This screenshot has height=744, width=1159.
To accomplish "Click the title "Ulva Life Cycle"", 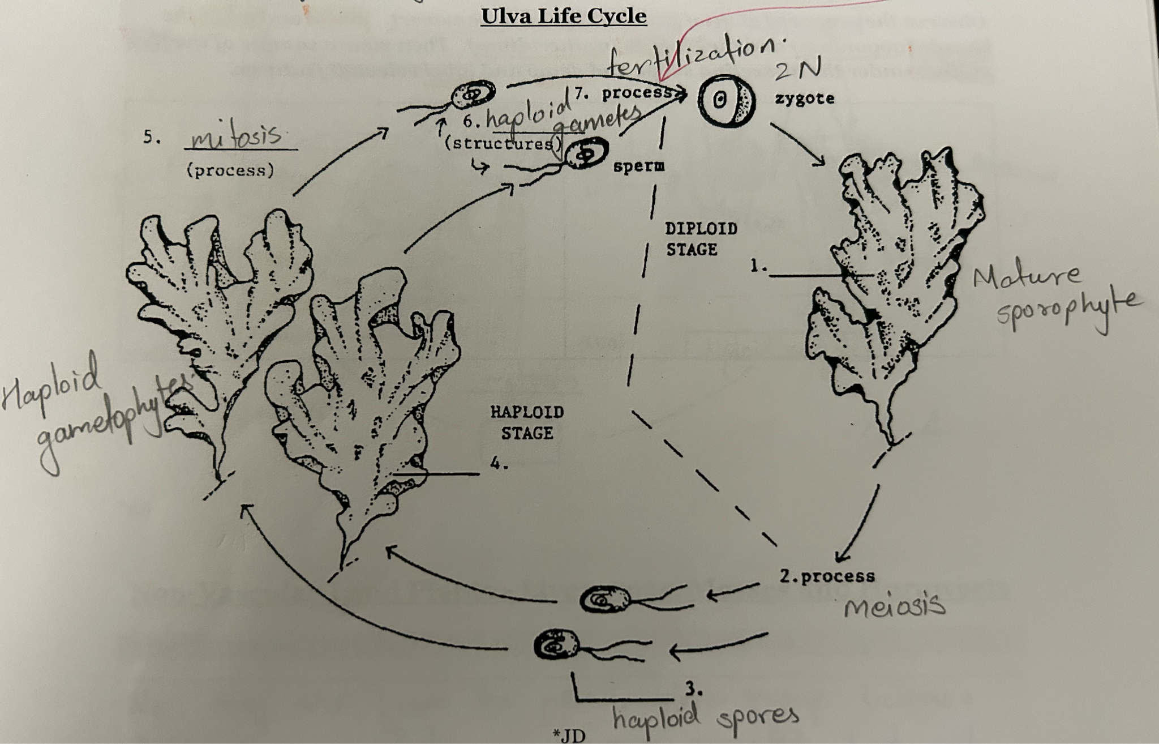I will coord(563,15).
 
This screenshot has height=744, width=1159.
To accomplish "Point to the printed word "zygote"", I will coord(804,99).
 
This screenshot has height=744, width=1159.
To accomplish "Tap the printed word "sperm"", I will coord(638,166).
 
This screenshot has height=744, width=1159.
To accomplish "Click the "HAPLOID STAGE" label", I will coord(527,422).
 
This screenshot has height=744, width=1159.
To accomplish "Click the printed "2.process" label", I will coord(827,576).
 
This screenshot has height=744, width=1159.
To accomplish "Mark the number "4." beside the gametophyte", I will coord(499,465).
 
